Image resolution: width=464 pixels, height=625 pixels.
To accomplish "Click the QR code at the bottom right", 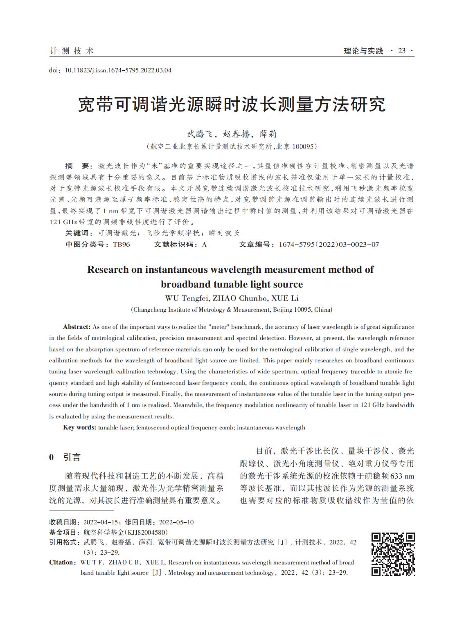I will coord(393,554).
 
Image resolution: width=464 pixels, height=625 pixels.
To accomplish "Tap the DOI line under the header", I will coord(110,70).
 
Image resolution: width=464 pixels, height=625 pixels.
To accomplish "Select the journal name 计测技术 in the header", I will coord(72,51).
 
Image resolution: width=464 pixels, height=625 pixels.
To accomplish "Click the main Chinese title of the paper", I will coord(232,105).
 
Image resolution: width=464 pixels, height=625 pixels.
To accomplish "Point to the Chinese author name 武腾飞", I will coord(200,134).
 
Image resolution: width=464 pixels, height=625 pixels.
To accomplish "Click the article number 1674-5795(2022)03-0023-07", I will coord(329,245).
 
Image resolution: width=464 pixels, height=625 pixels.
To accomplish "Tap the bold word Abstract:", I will coord(77,327).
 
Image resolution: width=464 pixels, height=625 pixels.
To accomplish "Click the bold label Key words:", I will coord(79,427).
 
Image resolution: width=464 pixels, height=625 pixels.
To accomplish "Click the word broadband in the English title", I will coord(185,284).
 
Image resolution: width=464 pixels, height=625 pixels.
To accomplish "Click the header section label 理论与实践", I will coord(363,51).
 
